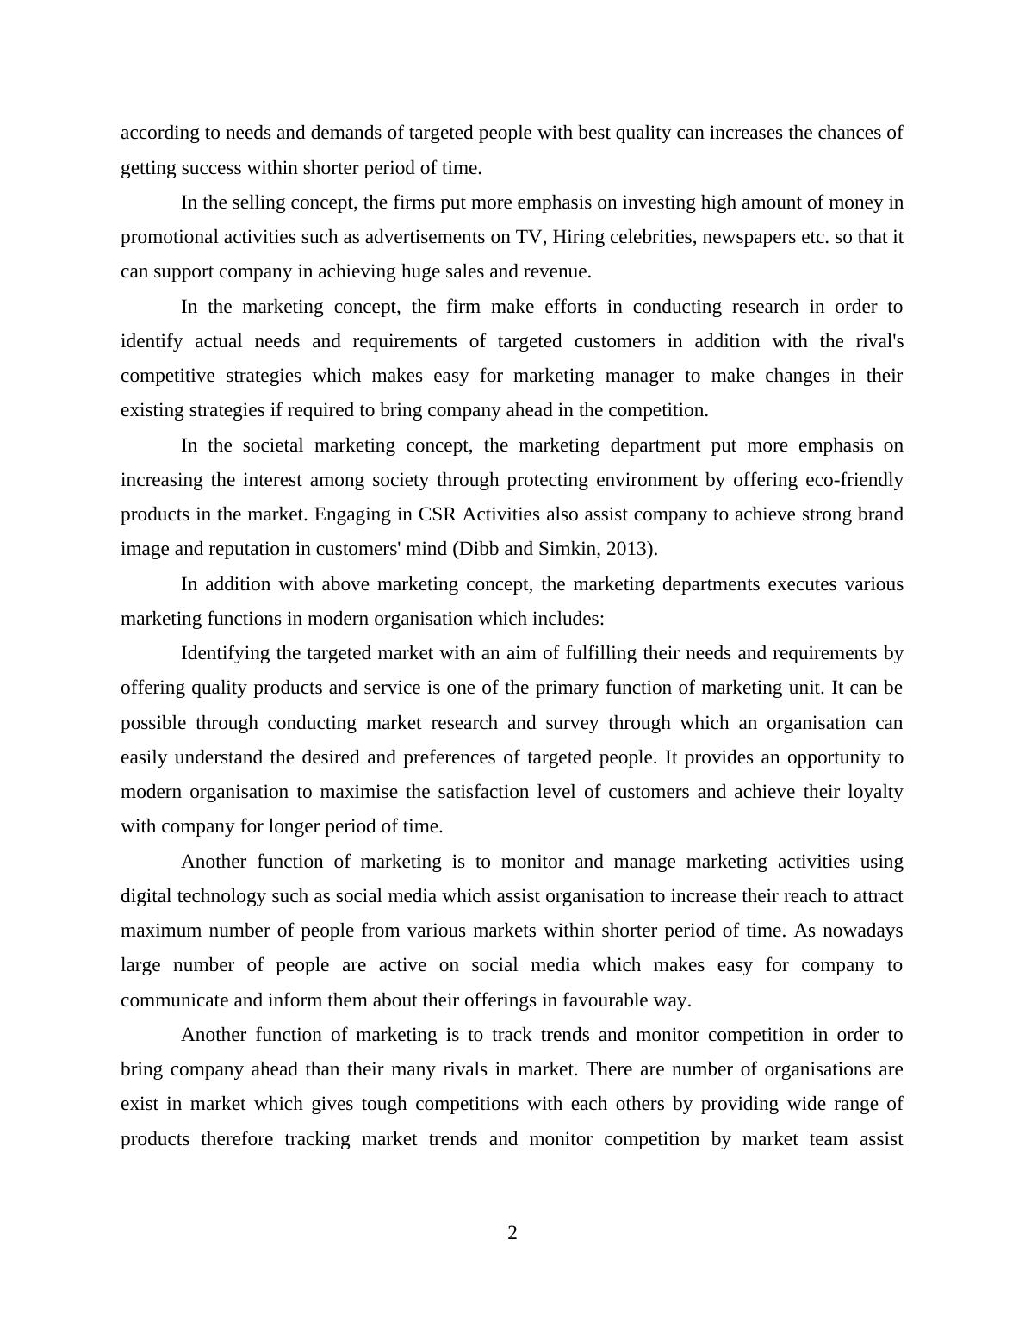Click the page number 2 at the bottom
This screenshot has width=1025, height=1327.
[x=512, y=1233]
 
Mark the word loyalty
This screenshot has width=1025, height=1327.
[x=872, y=792]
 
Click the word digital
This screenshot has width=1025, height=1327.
[x=146, y=896]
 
